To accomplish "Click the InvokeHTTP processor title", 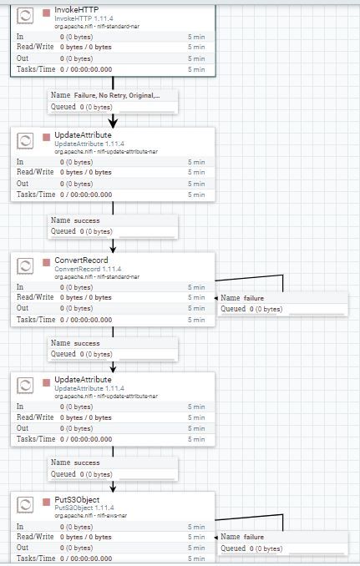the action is pyautogui.click(x=77, y=10).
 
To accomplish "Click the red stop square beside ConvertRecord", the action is pyautogui.click(x=46, y=262).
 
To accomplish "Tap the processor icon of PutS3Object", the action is pyautogui.click(x=25, y=504).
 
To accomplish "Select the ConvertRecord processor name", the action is pyautogui.click(x=81, y=260).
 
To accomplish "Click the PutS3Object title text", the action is pyautogui.click(x=77, y=500).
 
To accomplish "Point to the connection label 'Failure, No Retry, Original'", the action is pyautogui.click(x=117, y=96).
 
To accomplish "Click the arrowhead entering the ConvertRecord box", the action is pyautogui.click(x=113, y=250).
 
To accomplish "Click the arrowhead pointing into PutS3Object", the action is pyautogui.click(x=113, y=488).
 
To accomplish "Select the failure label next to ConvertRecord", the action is pyautogui.click(x=254, y=298).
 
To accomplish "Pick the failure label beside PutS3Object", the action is pyautogui.click(x=254, y=537).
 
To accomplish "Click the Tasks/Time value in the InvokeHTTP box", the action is pyautogui.click(x=86, y=69).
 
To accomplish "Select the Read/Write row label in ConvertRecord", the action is pyautogui.click(x=35, y=297).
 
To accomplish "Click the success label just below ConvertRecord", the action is pyautogui.click(x=87, y=343).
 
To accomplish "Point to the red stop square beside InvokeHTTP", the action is pyautogui.click(x=46, y=13).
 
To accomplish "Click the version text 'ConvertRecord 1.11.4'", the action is pyautogui.click(x=88, y=269).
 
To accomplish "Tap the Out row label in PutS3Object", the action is pyautogui.click(x=23, y=548).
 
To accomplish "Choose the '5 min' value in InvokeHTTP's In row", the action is pyautogui.click(x=196, y=37).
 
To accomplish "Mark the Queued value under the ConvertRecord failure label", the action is pyautogui.click(x=266, y=309).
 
